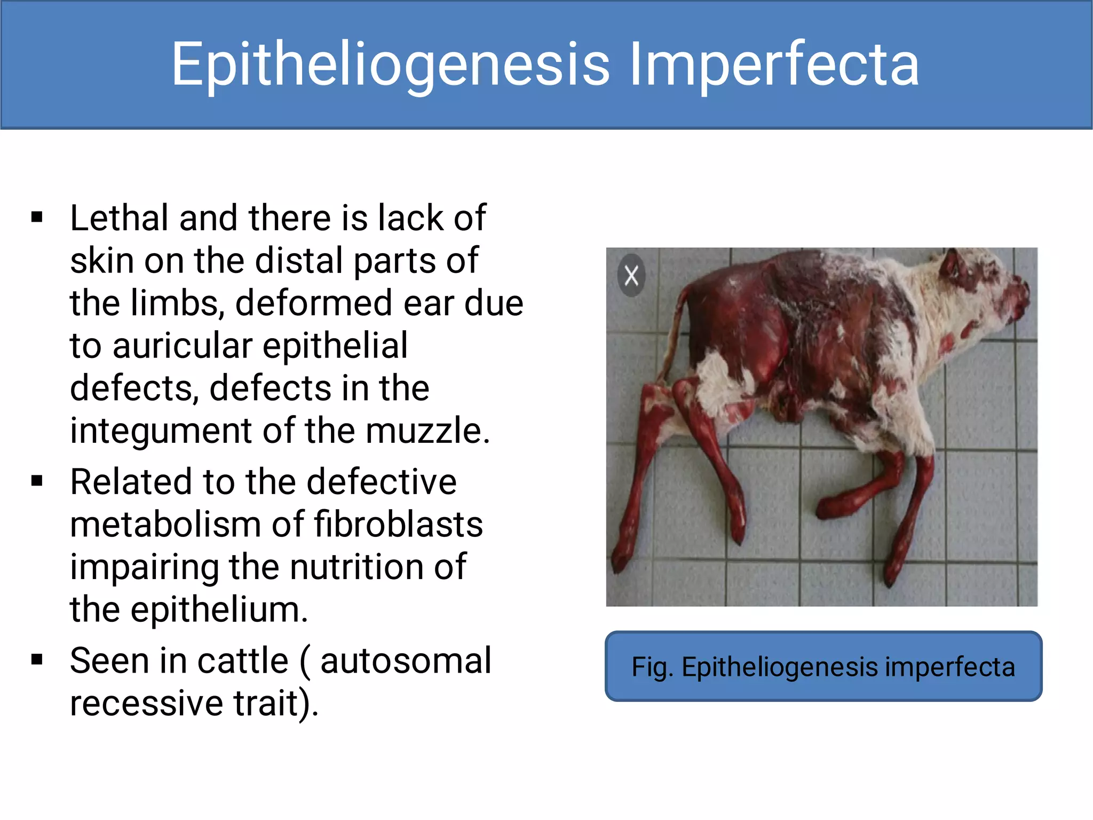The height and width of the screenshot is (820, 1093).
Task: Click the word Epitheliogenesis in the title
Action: pyautogui.click(x=390, y=65)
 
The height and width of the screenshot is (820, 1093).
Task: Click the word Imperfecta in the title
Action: pyautogui.click(x=774, y=65)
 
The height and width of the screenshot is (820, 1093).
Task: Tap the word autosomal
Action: pyautogui.click(x=406, y=661)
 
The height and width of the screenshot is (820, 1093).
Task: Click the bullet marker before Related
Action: pyautogui.click(x=37, y=481)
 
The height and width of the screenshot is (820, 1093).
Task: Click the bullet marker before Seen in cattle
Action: pyautogui.click(x=37, y=660)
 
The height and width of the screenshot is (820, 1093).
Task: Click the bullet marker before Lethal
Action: pyautogui.click(x=37, y=217)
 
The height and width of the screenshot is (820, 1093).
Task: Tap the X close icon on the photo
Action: pyautogui.click(x=631, y=276)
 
